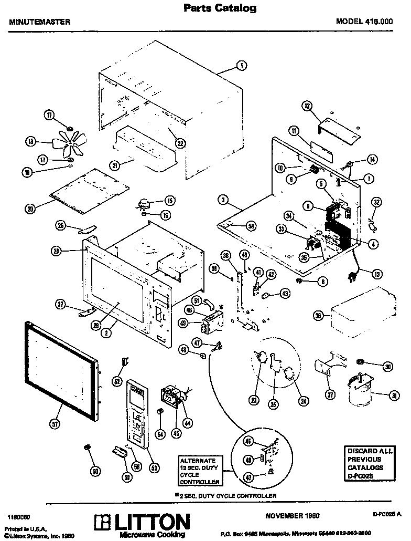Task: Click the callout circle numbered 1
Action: coord(241,65)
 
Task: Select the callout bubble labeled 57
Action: coord(56,423)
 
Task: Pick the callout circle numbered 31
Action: coord(388,395)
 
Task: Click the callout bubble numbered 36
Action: coord(317,316)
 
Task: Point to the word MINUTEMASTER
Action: coord(40,22)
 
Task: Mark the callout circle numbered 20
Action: coord(31,208)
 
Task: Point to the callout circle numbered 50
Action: coord(94,472)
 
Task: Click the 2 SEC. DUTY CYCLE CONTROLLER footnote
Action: coord(226,495)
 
